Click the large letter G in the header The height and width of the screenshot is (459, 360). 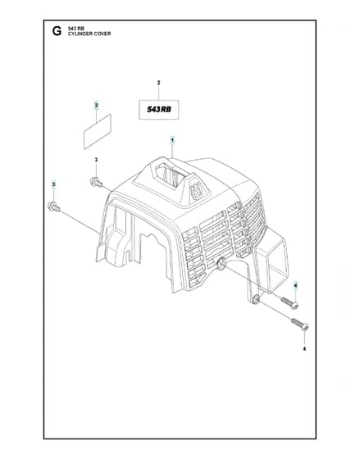(57, 31)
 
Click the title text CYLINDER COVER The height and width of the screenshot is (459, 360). (89, 34)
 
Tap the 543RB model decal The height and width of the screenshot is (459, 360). (159, 110)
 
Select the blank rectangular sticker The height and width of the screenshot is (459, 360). (98, 132)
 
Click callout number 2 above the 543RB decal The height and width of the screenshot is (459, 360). (159, 83)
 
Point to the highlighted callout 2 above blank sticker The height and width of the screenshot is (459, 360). (97, 106)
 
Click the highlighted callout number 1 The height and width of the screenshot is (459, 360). (172, 140)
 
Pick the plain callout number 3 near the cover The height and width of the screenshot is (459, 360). (96, 160)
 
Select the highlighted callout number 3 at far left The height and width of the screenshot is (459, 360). (53, 184)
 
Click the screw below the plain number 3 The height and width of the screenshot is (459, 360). (97, 182)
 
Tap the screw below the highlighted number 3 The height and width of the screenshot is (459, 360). (54, 207)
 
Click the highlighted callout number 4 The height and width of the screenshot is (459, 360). (295, 285)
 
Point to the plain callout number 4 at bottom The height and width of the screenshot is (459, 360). (304, 348)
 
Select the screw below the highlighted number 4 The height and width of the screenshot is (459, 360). (290, 303)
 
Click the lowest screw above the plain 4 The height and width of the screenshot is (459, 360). (299, 325)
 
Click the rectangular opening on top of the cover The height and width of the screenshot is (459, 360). (171, 175)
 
